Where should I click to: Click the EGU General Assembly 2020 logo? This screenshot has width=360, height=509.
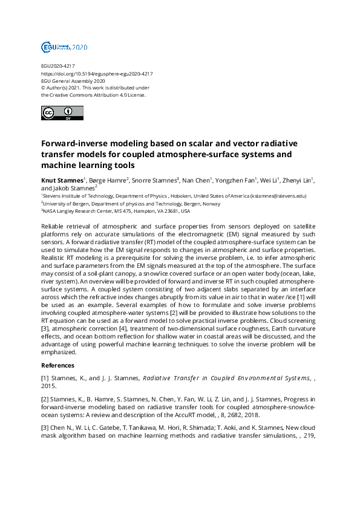coord(64,47)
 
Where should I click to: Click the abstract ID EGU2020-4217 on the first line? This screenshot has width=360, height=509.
coord(58,65)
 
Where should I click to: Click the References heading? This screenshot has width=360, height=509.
coord(58,365)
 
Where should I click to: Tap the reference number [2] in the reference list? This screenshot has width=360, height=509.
coord(45,400)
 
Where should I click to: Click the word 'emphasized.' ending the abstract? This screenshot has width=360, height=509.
coord(59,352)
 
